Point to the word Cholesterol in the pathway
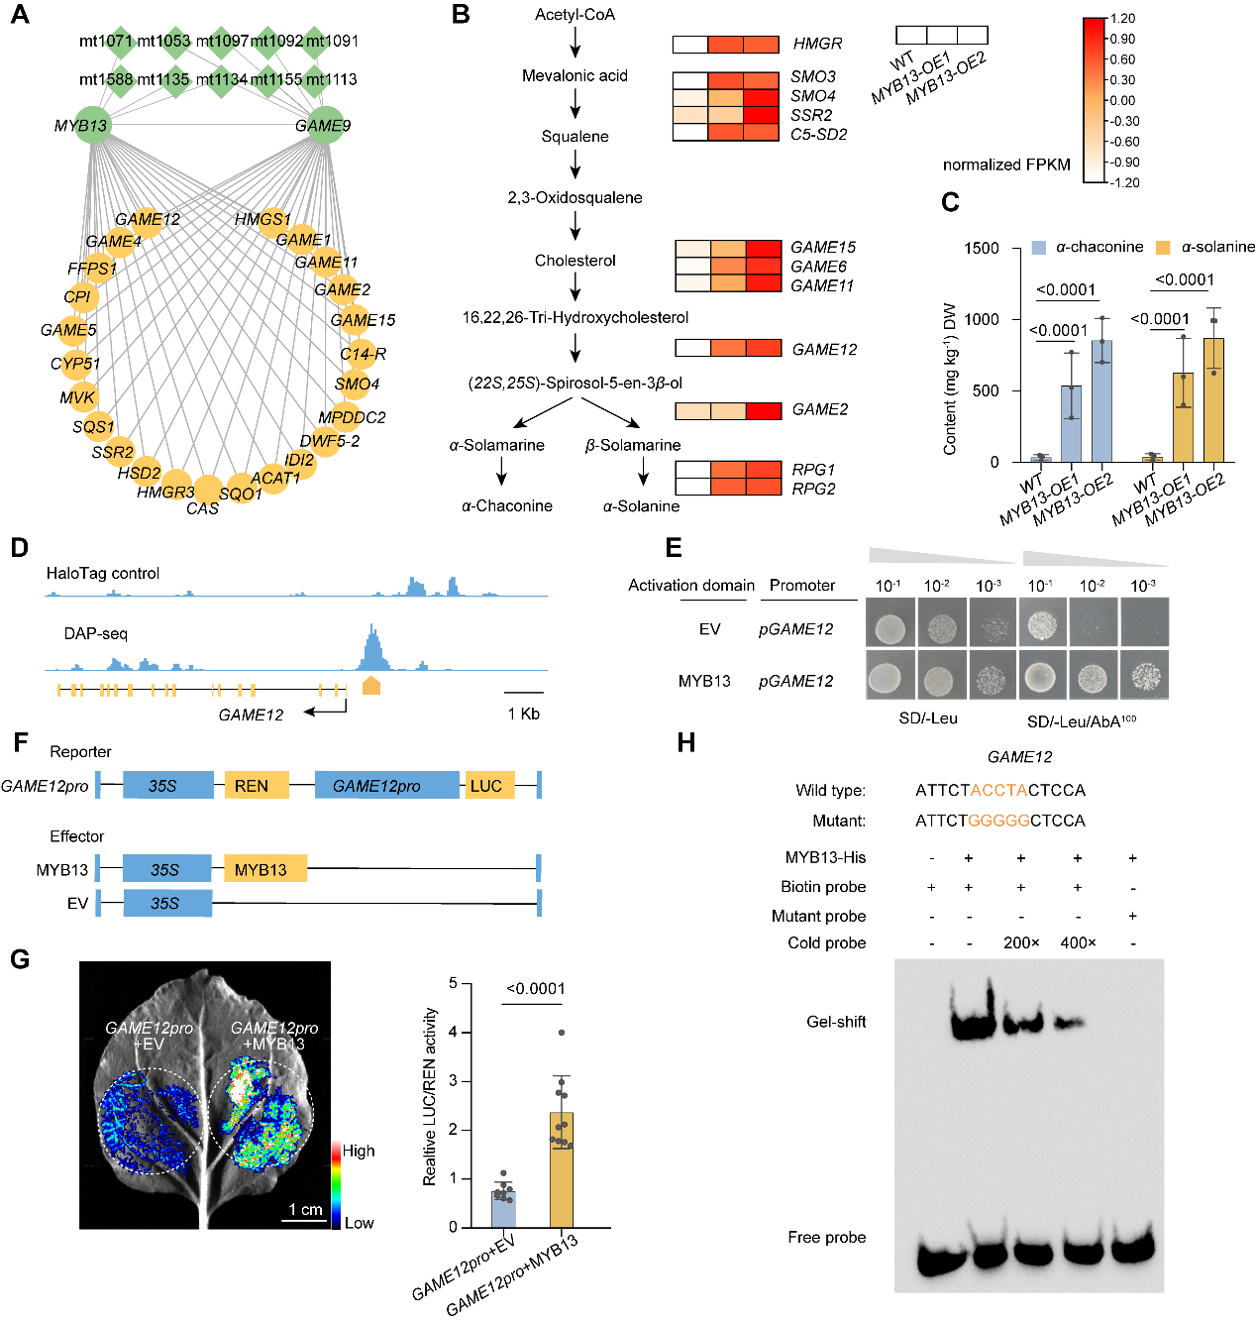coord(575,261)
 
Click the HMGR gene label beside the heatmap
coord(817,44)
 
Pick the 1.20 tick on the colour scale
coord(1122,19)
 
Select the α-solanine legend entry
coord(1217,247)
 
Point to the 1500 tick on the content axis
coord(982,248)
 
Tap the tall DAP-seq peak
coord(371,649)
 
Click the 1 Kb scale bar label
coord(523,714)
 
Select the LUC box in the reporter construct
coord(486,786)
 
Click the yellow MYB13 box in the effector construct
coord(263,869)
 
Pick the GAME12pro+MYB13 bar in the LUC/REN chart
coord(561,1169)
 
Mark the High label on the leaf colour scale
coord(358,1151)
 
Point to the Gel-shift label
coord(836,1022)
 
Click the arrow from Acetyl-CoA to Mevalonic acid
coord(575,45)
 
